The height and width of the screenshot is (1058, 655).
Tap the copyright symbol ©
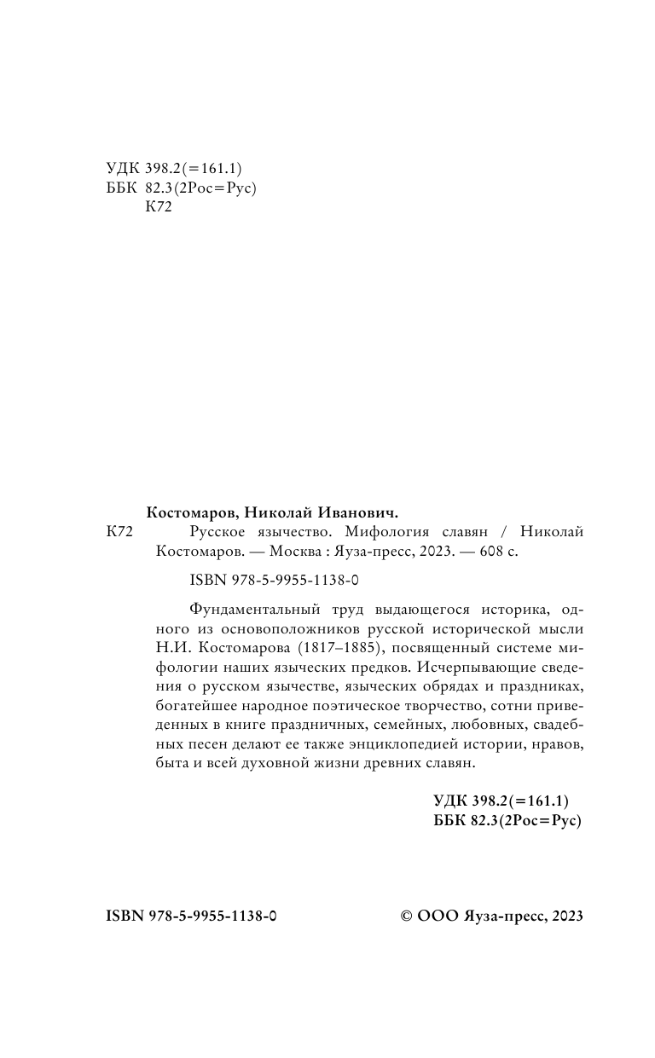tap(407, 916)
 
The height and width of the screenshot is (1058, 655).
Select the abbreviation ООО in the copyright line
tap(438, 916)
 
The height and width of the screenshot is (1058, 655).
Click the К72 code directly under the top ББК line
tap(159, 208)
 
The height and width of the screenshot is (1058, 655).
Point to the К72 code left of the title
tap(120, 531)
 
